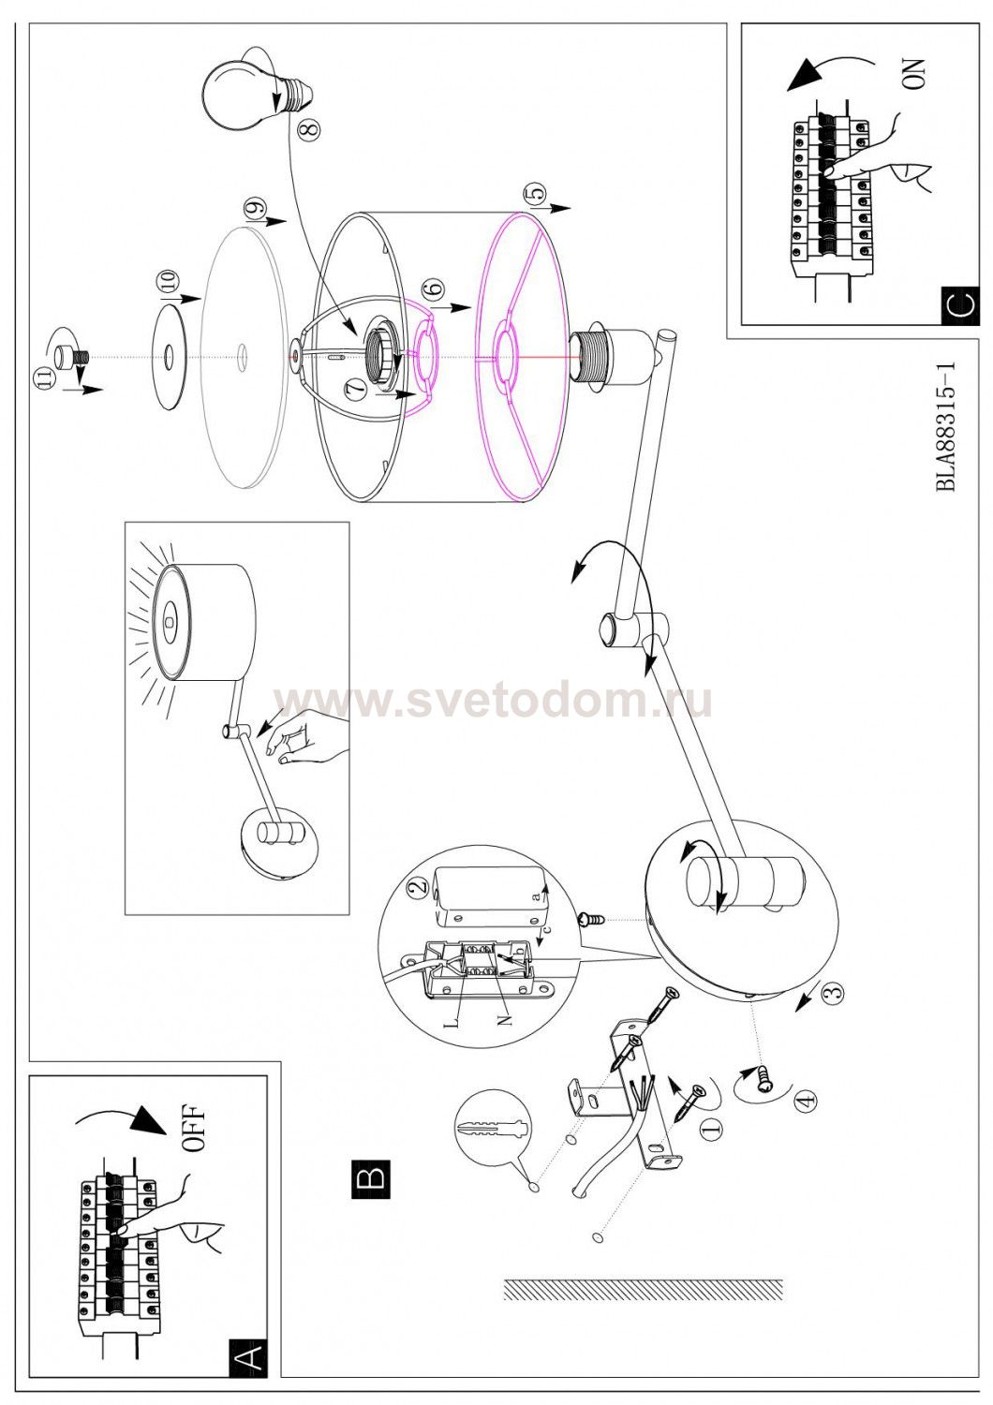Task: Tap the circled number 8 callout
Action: [x=309, y=130]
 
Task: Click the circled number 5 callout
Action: [x=535, y=195]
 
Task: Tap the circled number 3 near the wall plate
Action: [x=833, y=993]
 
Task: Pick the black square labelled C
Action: [x=960, y=304]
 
